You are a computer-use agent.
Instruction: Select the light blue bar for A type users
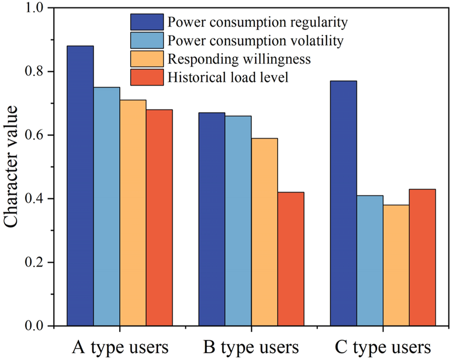pyautogui.click(x=107, y=206)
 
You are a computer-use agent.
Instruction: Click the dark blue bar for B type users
pyautogui.click(x=212, y=219)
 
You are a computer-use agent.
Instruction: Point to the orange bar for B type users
pyautogui.click(x=265, y=232)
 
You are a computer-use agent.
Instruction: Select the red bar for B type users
pyautogui.click(x=291, y=259)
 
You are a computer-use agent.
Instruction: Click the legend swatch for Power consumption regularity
pyautogui.click(x=147, y=22)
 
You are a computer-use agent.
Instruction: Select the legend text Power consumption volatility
pyautogui.click(x=255, y=40)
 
